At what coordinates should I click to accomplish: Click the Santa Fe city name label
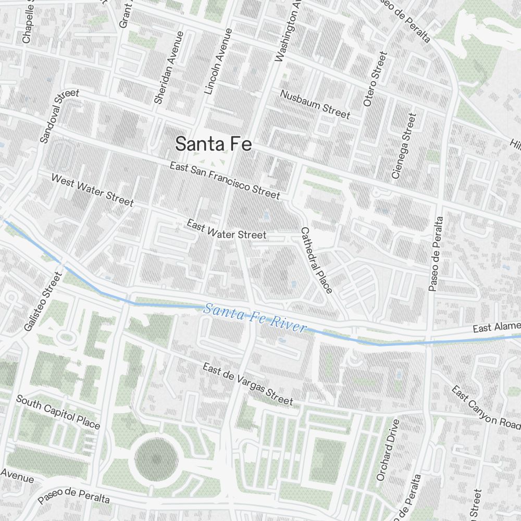pos(214,144)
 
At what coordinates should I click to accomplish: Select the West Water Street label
pos(92,190)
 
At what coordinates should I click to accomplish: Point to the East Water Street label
pos(227,230)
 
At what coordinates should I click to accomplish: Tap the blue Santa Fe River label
pos(254,318)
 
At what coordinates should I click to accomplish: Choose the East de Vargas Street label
pos(247,384)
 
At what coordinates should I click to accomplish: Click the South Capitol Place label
pos(58,412)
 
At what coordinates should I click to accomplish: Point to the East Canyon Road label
pos(486,406)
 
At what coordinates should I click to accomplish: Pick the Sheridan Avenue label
pos(169,68)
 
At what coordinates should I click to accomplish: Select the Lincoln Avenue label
pos(218,61)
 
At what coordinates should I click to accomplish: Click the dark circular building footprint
pos(156,459)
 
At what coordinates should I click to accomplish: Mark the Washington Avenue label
pos(288,31)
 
